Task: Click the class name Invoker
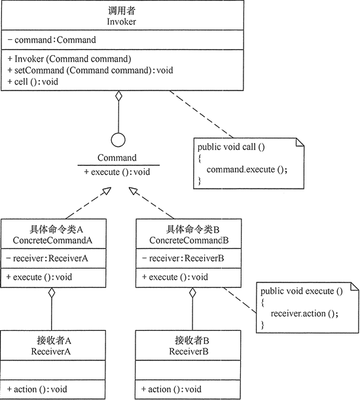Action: [118, 22]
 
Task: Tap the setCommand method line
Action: [90, 69]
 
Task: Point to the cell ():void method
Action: [33, 81]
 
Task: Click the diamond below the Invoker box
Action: [118, 98]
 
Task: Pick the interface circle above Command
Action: [118, 140]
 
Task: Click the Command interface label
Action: [117, 158]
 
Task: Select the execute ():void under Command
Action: [117, 171]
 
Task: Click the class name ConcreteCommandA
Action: [52, 240]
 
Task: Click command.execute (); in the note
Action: [247, 169]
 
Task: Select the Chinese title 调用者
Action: [118, 11]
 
